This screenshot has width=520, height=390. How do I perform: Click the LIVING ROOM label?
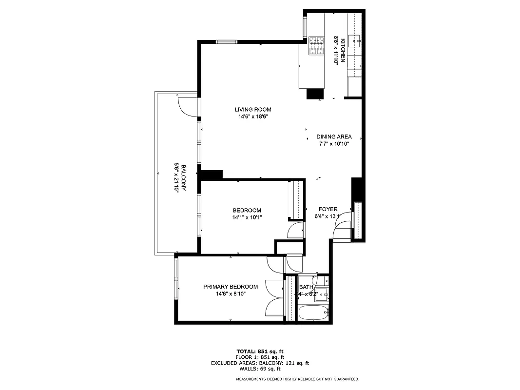tap(252, 110)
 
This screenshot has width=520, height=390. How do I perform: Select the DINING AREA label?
tap(334, 137)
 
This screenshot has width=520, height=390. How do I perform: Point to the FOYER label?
tap(328, 209)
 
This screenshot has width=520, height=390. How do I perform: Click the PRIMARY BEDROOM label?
tap(230, 287)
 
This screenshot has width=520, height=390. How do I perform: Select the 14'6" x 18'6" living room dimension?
tap(252, 117)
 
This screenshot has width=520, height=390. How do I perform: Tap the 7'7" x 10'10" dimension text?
tap(334, 144)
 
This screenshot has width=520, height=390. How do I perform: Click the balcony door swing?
tap(188, 107)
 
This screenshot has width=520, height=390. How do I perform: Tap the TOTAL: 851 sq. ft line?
tap(260, 351)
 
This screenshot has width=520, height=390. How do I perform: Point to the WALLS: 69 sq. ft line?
tap(260, 369)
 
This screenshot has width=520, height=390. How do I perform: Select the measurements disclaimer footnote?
tap(297, 379)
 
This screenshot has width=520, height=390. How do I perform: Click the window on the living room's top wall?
tap(227, 42)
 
